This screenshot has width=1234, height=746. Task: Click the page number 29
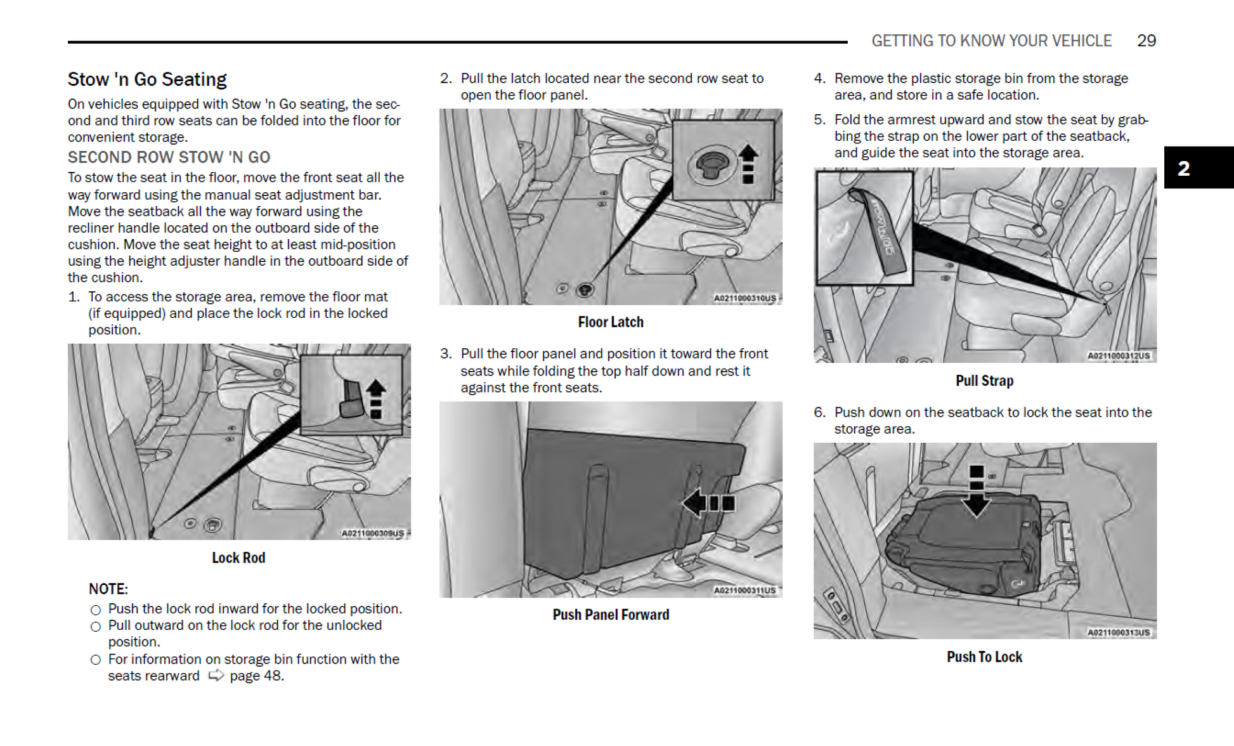1146,41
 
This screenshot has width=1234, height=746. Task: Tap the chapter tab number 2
1183,168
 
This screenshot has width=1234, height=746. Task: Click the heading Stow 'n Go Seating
147,79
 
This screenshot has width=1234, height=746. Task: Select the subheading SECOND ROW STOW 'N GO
169,157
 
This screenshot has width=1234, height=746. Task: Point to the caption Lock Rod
238,558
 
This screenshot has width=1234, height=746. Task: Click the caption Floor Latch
610,322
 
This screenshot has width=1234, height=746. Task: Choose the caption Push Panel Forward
611,615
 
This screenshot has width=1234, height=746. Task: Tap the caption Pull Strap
984,381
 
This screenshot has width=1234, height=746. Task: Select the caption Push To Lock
984,657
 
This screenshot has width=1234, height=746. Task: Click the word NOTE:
108,589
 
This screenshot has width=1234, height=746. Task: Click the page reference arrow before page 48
216,675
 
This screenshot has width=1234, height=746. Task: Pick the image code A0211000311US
744,590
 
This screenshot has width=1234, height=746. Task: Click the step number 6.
819,412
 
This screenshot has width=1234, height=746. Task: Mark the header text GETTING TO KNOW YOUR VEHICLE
991,41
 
